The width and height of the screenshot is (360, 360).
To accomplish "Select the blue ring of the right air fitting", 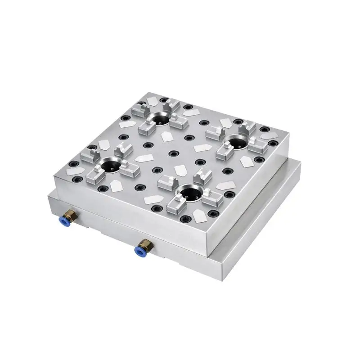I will (x=139, y=249).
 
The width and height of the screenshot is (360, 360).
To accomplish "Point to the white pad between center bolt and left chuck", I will (x=144, y=158).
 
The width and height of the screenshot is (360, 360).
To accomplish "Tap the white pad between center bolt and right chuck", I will (x=200, y=148).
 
